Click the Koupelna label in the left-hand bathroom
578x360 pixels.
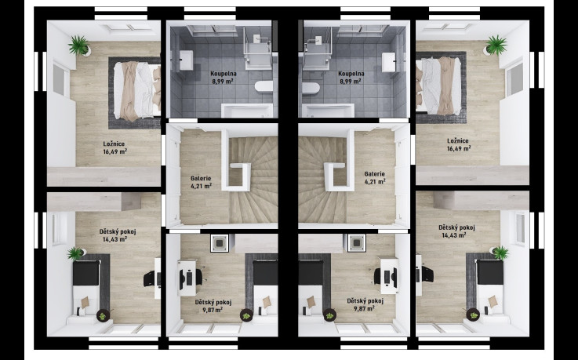pos(224,74)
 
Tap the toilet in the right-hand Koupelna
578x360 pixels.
pos(311,89)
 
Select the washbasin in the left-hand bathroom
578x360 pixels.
pos(186,60)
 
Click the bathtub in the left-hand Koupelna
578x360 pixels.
pos(247,110)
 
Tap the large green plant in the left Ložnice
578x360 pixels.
pos(79,45)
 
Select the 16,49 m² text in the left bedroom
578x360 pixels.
pos(115,151)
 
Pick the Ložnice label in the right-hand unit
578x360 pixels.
pos(458,140)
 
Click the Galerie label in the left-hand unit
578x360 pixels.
pos(201,179)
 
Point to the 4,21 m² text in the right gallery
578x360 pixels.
pos(375,181)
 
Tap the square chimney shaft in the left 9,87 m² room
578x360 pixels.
pos(220,243)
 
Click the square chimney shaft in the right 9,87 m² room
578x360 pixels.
pos(357,243)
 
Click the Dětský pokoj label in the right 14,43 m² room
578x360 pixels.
pos(456,227)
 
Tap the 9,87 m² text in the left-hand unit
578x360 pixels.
pos(213,310)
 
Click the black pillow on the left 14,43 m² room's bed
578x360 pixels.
pos(86,273)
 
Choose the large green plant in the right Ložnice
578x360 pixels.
pos(496,45)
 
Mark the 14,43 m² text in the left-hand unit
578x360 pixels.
pos(115,239)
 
